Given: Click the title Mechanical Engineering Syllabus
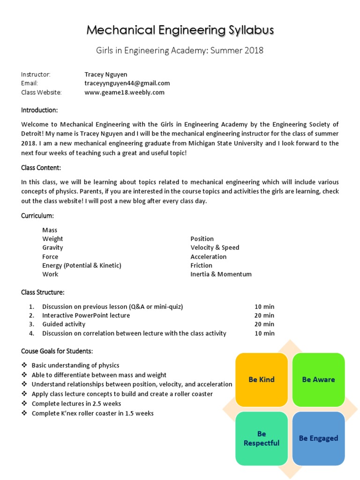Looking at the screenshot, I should point(180,30).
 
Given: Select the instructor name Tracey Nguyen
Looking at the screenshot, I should point(105,75).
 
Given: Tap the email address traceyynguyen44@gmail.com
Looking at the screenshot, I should point(127,83).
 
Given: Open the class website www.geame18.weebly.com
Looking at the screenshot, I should point(124,92).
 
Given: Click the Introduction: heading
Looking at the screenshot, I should point(39,110).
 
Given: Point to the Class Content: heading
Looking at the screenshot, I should point(41,168).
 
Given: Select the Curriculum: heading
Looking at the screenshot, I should point(37,216).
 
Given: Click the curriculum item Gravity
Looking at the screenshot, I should point(52,247).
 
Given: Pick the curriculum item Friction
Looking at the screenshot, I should point(201,265).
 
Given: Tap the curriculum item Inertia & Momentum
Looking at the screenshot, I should point(221,274).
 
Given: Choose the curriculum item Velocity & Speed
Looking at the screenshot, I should point(215,247).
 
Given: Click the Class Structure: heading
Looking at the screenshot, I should point(43,292).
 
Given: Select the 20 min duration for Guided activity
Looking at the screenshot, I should point(264,324).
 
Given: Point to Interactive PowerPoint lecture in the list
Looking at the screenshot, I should point(86,315).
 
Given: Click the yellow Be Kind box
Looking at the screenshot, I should point(262,380).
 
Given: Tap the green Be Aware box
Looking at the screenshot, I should point(319,380).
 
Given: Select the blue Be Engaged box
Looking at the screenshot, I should point(319,438).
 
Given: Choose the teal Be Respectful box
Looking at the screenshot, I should point(262,438).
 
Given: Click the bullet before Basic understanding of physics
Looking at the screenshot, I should point(24,365).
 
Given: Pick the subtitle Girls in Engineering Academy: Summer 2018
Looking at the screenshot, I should point(180,51).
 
